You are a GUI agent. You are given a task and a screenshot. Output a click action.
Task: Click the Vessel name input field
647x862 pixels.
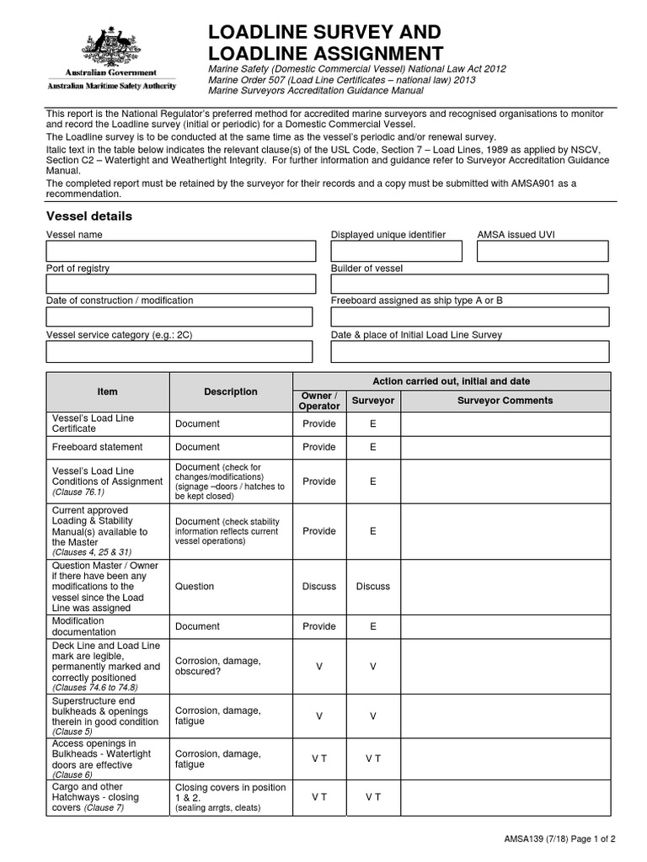click(180, 251)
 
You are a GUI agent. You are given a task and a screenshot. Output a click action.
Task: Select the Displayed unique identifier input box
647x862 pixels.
click(396, 251)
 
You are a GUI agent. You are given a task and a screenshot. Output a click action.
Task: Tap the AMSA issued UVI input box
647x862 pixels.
click(542, 251)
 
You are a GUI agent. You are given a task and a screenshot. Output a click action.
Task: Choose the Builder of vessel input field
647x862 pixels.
click(469, 285)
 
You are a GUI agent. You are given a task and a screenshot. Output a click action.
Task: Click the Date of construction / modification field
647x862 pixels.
click(179, 317)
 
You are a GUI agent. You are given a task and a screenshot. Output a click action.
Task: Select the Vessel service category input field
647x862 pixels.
click(179, 351)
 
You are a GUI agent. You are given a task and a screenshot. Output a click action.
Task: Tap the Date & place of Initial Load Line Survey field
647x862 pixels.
click(469, 351)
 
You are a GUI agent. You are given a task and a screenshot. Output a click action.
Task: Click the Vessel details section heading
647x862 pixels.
click(88, 216)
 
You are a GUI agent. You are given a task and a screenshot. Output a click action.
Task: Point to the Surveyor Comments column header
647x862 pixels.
click(505, 401)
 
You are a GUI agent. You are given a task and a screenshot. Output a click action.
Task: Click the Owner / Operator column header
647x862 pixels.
click(318, 401)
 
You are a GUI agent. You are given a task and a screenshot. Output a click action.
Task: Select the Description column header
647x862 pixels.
click(230, 391)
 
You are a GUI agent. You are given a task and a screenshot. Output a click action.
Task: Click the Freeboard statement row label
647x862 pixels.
click(97, 447)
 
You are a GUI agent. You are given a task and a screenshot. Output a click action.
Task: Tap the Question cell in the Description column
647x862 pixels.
click(195, 586)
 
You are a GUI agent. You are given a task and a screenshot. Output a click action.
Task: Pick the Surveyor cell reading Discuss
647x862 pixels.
click(372, 586)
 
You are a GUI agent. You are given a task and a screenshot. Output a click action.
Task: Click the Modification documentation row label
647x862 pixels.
click(84, 626)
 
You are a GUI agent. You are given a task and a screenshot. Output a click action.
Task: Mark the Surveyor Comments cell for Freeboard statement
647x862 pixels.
click(505, 447)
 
